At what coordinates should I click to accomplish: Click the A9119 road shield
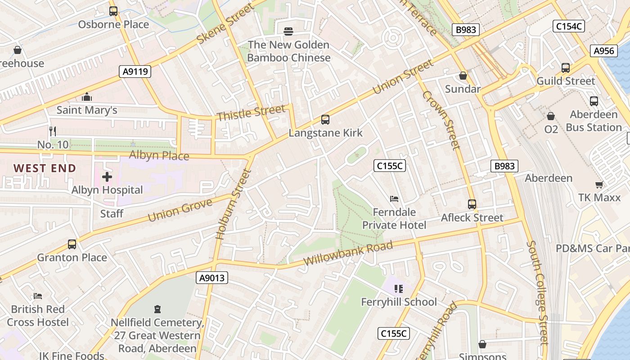coord(135,71)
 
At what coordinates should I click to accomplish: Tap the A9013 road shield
coord(212,278)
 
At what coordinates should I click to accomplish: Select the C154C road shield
coord(568,26)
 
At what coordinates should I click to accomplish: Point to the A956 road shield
coord(603,51)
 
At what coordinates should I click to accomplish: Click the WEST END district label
coord(45,168)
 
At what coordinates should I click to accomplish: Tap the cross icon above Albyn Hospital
coord(107,177)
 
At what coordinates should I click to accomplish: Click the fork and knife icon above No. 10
coord(53,131)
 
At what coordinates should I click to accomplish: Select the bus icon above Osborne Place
coord(113,11)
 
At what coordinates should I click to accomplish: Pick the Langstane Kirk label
coord(325,133)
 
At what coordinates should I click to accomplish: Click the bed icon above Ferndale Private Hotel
coord(394,198)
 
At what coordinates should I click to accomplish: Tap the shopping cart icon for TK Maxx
coord(599,184)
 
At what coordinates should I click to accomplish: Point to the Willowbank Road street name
coord(348,253)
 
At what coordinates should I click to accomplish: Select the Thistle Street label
coord(251,112)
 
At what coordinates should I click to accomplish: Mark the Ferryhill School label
coord(399,301)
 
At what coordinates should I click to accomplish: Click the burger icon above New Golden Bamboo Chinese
coord(288,31)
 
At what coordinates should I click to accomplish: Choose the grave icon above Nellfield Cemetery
coord(157,309)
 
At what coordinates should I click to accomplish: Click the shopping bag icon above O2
coord(551,116)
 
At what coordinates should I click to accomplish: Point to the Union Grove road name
coord(180,210)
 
